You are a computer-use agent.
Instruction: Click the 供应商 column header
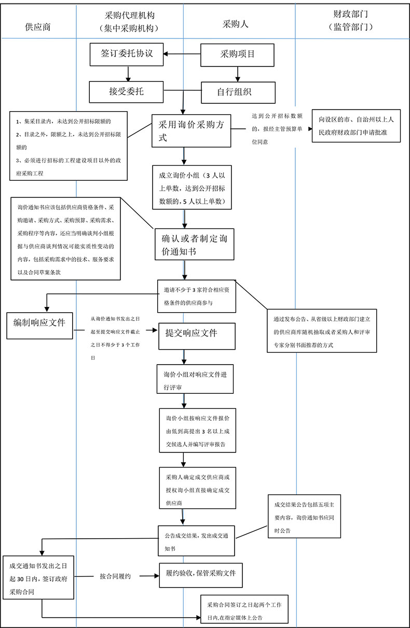pos(38,27)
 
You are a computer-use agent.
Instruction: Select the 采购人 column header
pos(236,24)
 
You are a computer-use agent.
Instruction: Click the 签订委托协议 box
pos(128,54)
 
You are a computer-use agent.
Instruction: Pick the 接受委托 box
pos(127,92)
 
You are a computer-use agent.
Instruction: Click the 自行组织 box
pos(237,92)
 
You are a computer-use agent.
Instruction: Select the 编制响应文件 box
pos(39,323)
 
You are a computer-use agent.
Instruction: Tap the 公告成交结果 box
pos(197,540)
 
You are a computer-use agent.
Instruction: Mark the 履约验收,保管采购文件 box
pos(201,574)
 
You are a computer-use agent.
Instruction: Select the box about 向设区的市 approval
pos(357,126)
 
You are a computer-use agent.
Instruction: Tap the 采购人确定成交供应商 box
pos(197,489)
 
